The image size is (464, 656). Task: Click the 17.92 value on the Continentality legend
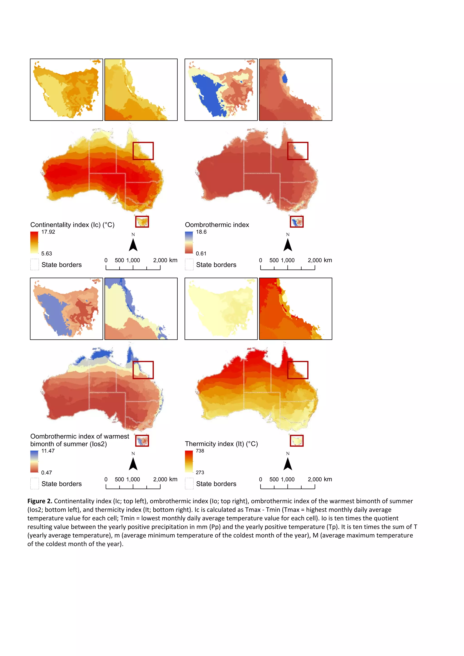coord(48,232)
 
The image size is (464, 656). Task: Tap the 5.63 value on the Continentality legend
coord(47,253)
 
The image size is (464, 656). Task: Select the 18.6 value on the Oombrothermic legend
coord(201,232)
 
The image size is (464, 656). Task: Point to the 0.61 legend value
coord(201,253)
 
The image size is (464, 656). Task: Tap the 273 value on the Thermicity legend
coord(200,472)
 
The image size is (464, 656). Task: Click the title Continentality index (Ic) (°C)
coord(72,225)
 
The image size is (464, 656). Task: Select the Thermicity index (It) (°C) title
coord(221,444)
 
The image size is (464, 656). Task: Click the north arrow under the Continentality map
coord(133,245)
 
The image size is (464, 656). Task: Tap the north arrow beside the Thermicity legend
coord(288,463)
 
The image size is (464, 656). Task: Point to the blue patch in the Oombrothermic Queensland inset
coord(285,78)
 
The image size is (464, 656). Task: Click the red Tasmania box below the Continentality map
coord(142,222)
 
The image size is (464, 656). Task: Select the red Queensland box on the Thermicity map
coord(298,370)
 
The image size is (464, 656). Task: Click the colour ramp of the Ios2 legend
coord(34,461)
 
